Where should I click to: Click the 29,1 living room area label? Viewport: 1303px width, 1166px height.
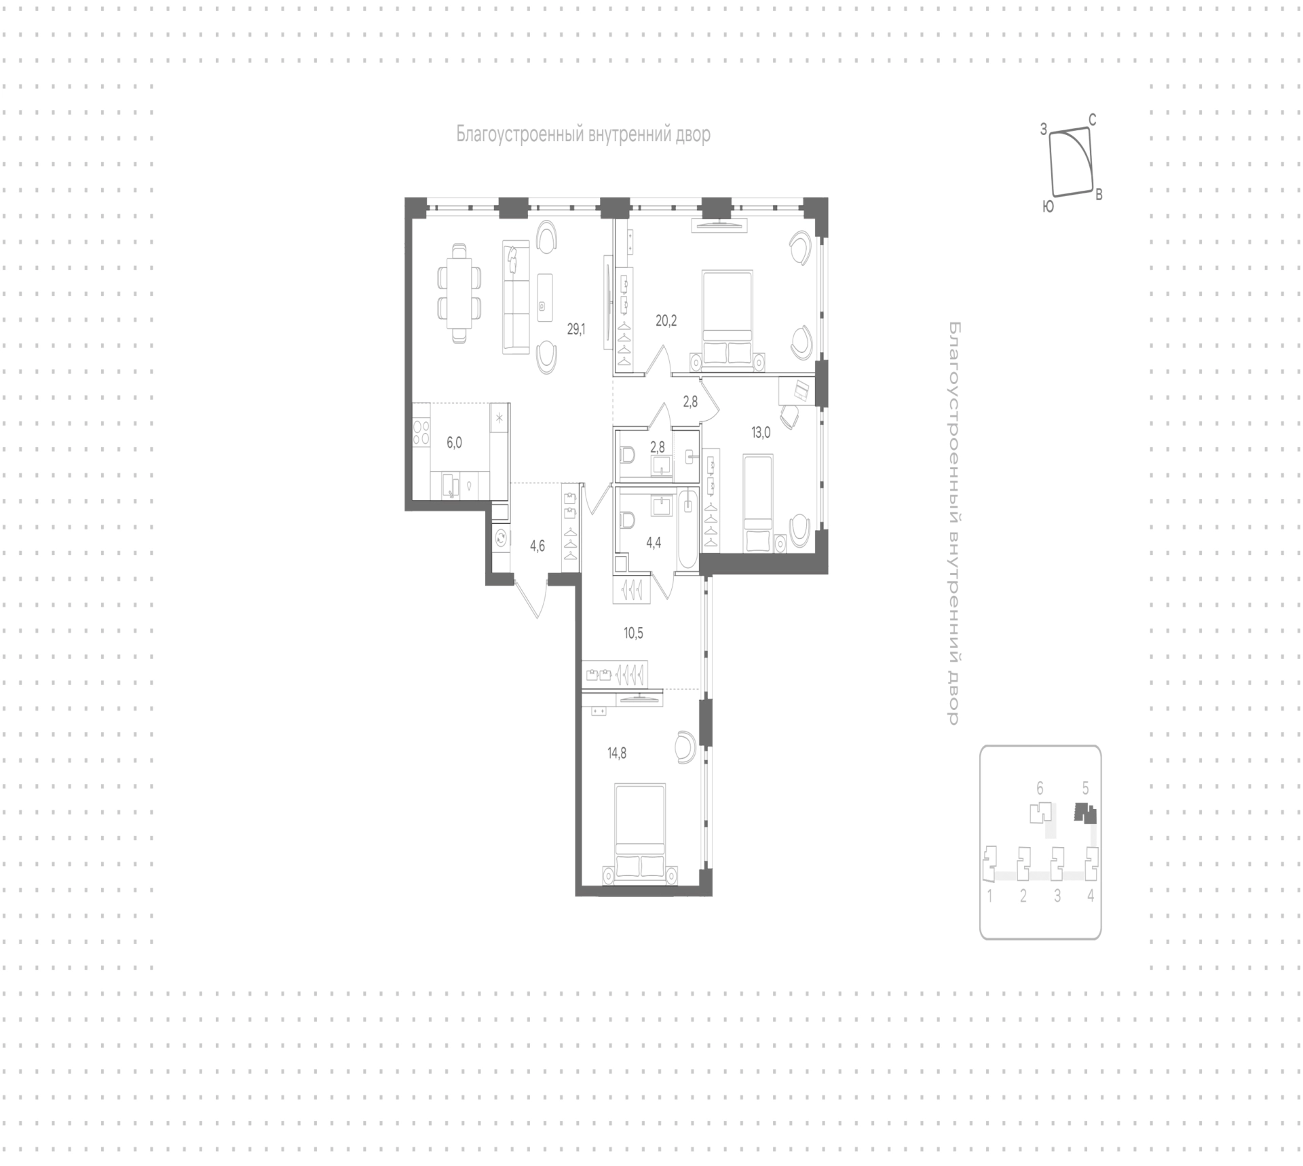576,329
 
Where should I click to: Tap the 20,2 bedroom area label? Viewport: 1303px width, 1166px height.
666,321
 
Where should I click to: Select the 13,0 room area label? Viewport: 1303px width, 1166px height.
761,432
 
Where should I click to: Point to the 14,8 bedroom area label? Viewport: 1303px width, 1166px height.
616,752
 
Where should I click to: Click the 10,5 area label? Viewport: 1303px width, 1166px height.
633,633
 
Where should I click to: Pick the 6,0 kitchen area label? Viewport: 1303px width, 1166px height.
454,443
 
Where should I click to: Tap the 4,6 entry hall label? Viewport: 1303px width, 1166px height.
537,546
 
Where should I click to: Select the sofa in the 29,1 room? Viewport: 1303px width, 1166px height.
516,297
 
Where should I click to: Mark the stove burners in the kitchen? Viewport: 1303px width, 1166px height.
421,432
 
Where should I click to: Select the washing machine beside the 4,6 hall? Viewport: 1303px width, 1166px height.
501,538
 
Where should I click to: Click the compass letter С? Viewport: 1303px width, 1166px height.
1092,120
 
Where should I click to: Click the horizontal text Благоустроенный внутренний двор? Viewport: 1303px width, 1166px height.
583,134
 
